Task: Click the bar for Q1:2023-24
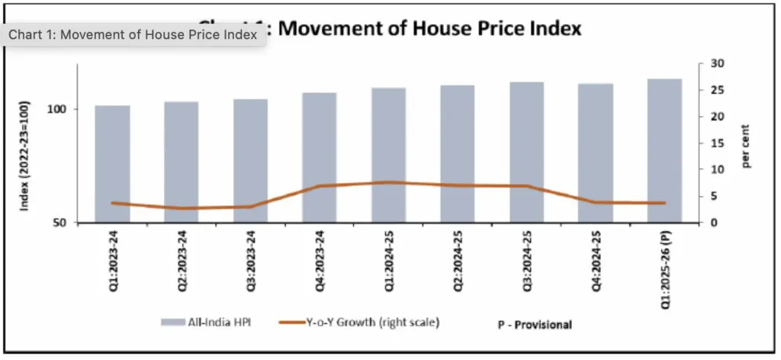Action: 112,164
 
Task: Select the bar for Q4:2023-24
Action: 320,158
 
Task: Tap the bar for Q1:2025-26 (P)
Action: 664,151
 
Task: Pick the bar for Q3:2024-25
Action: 526,153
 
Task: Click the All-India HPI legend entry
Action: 206,323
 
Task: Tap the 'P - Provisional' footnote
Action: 529,325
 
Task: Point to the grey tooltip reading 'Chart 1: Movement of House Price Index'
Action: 134,35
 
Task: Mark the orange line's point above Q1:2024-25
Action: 388,182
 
